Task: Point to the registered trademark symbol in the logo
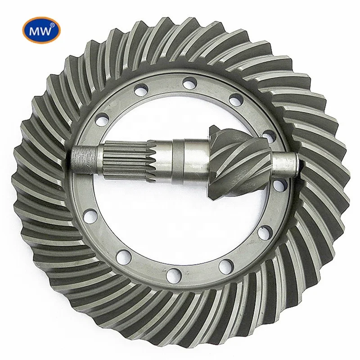tap(53, 25)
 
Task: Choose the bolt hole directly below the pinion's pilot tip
tap(279, 184)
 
